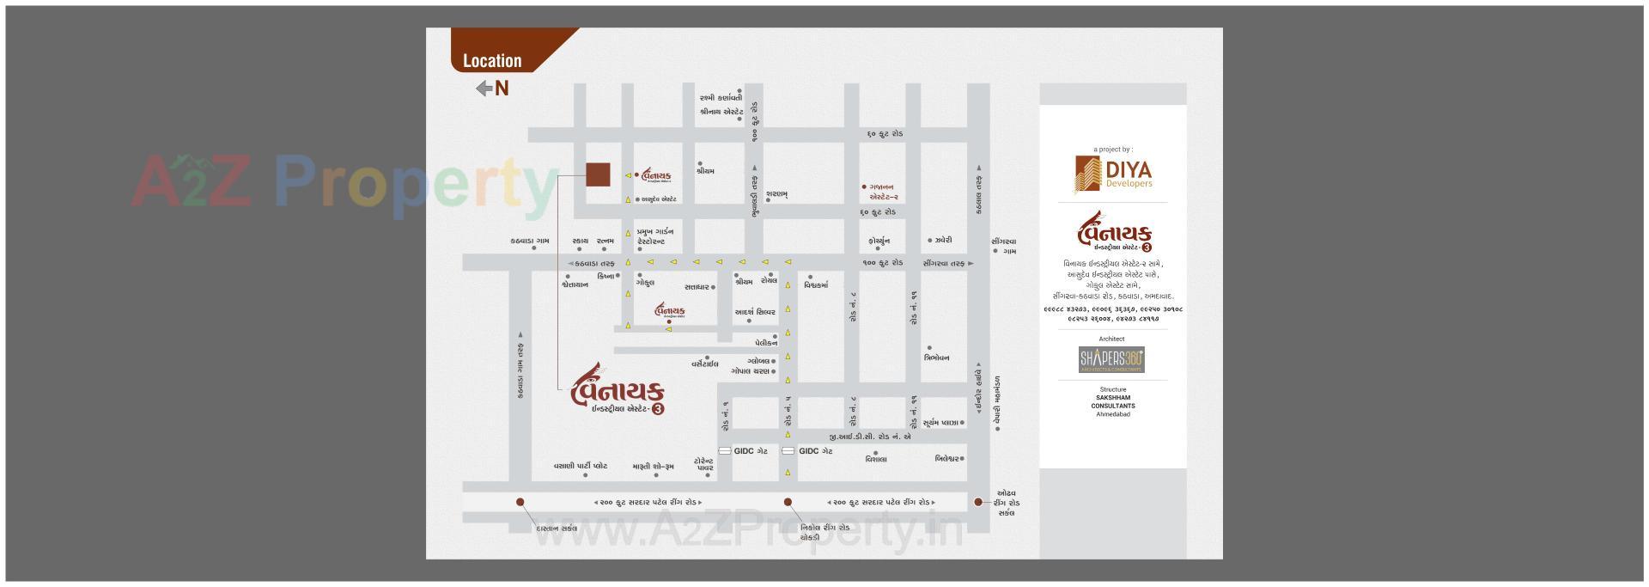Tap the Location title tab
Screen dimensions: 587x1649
(x=492, y=60)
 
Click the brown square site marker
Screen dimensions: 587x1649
(x=598, y=174)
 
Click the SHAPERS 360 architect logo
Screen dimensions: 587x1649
(x=1111, y=359)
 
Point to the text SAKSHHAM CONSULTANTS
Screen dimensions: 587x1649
(x=1112, y=401)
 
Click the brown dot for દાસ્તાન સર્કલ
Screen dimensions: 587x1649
(x=520, y=502)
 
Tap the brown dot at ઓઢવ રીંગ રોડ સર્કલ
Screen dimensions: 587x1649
(x=977, y=502)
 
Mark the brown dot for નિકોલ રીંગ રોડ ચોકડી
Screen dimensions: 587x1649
(x=788, y=502)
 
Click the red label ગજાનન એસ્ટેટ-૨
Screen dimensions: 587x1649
(x=883, y=191)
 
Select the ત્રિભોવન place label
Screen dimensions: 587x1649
(x=936, y=358)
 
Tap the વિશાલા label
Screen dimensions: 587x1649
(x=876, y=459)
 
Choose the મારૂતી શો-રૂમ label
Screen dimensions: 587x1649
(x=653, y=467)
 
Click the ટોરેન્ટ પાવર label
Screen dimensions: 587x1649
(x=703, y=465)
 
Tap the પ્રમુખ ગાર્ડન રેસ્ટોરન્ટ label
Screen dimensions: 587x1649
(x=654, y=236)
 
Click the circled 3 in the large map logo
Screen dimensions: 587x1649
(x=658, y=409)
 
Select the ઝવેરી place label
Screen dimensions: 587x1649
(x=943, y=241)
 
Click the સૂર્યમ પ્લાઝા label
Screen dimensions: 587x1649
(x=941, y=423)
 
